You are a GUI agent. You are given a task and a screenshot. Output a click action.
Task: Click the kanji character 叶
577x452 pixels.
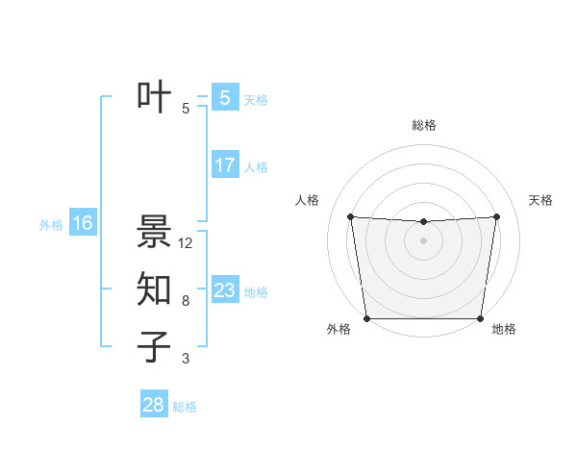coord(155,98)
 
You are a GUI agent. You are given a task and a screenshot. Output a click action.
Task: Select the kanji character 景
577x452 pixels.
coord(155,232)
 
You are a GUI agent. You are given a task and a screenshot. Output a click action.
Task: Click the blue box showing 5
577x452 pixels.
coord(224,97)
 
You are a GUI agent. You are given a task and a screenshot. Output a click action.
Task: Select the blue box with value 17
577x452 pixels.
coord(225,165)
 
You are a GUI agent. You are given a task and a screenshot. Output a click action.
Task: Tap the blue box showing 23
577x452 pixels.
coord(224,289)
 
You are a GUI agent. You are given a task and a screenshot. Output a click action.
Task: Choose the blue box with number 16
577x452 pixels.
coord(83,224)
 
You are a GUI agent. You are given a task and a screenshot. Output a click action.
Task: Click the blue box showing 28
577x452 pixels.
coord(153,404)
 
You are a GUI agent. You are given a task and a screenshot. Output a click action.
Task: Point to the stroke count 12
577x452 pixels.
coord(186,243)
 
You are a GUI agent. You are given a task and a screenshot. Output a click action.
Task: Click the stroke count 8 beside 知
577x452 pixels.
coord(186,301)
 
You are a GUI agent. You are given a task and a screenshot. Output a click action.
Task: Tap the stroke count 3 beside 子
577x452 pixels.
coord(186,359)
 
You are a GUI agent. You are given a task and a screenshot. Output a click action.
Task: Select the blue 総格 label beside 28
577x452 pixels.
coord(185,407)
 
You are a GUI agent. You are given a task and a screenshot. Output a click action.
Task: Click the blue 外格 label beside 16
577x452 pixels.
coord(51,226)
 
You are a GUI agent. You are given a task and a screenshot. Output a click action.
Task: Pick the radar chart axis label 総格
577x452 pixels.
coord(423,125)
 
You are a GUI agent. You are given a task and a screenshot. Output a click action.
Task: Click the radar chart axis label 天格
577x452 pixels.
coord(541,200)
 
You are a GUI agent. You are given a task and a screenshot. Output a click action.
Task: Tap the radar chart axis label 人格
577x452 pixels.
coord(307,200)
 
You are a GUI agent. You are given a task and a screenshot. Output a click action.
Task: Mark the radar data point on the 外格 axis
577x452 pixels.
coord(366,318)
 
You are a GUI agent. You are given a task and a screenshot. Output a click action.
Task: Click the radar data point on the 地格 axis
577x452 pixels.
coord(480,318)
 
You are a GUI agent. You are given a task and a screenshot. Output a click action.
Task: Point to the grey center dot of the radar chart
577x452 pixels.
coord(423,240)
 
